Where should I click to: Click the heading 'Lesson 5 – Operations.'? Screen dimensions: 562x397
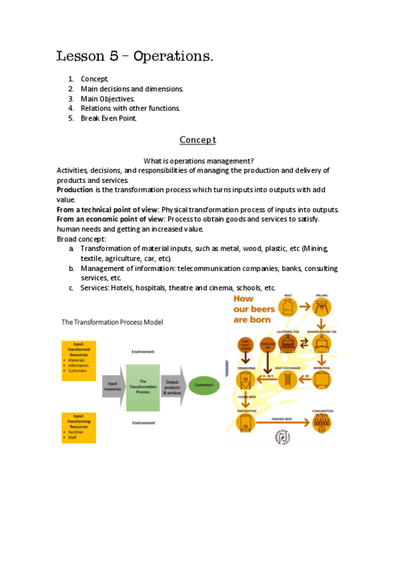click(x=135, y=56)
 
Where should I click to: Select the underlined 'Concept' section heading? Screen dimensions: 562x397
click(x=198, y=140)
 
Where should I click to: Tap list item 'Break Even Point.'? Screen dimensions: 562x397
click(x=108, y=118)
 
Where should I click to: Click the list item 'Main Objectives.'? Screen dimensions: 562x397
click(x=107, y=98)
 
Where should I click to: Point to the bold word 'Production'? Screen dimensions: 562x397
click(x=74, y=190)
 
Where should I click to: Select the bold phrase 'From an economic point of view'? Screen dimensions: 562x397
click(x=111, y=219)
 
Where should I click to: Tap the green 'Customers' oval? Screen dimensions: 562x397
click(x=203, y=384)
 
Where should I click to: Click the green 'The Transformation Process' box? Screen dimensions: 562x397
click(x=142, y=387)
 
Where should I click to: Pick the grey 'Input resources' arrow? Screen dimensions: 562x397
click(x=113, y=384)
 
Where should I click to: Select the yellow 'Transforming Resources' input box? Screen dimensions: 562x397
click(x=79, y=427)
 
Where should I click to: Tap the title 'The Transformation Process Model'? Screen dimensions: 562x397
click(x=112, y=322)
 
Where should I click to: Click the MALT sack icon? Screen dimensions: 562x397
click(x=289, y=307)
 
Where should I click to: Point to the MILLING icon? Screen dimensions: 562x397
click(x=323, y=307)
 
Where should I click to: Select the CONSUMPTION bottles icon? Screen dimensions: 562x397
click(x=323, y=422)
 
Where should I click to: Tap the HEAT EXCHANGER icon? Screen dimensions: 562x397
click(x=288, y=380)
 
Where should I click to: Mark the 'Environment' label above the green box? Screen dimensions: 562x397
click(x=142, y=353)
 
